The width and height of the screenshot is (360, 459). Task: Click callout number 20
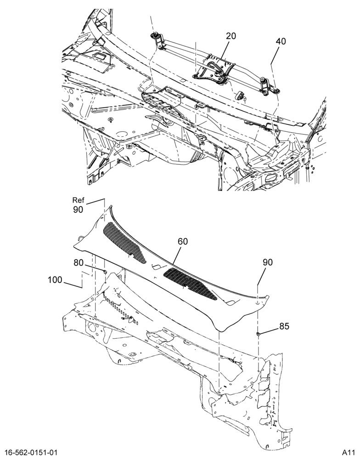point(231,36)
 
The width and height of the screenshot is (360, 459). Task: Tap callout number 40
point(280,41)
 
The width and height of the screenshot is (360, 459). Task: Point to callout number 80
point(79,263)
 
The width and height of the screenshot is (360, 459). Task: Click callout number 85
point(284,326)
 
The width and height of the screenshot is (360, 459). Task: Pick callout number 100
point(55,280)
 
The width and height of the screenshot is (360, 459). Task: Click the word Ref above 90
point(79,200)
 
